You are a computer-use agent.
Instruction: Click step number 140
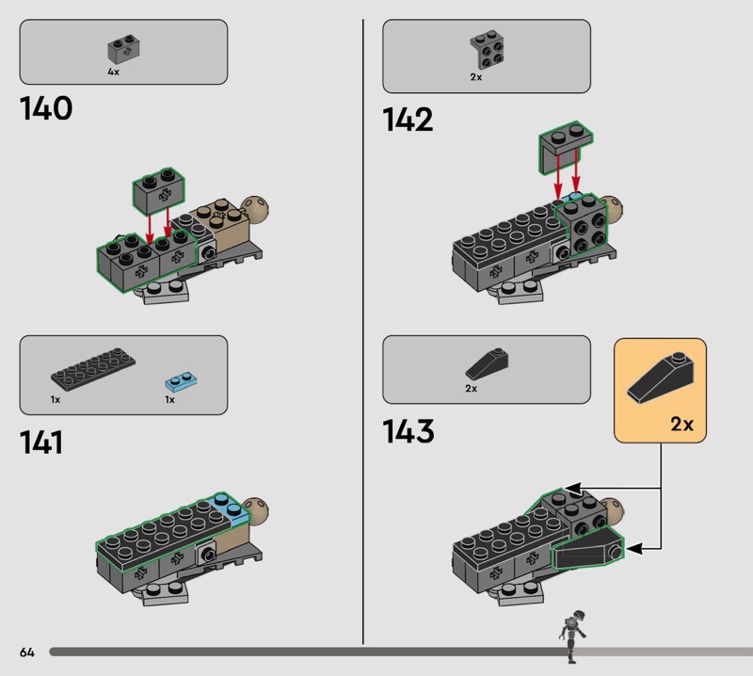point(46,108)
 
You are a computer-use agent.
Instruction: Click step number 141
point(41,443)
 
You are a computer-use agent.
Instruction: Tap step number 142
point(408,120)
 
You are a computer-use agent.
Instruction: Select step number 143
point(409,431)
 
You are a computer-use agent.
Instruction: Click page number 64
point(27,652)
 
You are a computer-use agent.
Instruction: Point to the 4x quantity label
point(113,72)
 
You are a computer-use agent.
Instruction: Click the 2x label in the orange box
point(681,424)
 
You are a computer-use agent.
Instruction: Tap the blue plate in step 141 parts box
point(181,382)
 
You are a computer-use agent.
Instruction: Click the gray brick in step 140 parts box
point(124,49)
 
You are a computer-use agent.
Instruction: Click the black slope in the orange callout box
point(661,377)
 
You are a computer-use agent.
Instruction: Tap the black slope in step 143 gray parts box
point(487,364)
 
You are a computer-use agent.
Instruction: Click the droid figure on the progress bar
point(572,636)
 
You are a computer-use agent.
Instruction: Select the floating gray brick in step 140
point(159,191)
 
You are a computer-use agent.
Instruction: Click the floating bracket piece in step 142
point(566,147)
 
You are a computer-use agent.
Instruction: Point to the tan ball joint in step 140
point(255,207)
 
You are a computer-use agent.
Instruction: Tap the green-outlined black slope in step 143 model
point(587,549)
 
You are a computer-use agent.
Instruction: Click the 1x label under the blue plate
point(170,400)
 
